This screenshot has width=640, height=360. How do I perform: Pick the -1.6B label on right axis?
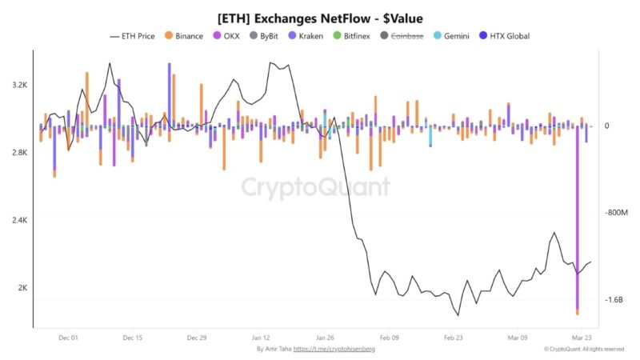(x=614, y=300)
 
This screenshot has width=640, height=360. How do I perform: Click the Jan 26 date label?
(x=325, y=338)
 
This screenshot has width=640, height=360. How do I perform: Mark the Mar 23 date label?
(x=581, y=338)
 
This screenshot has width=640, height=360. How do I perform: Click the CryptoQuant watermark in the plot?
(x=316, y=187)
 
